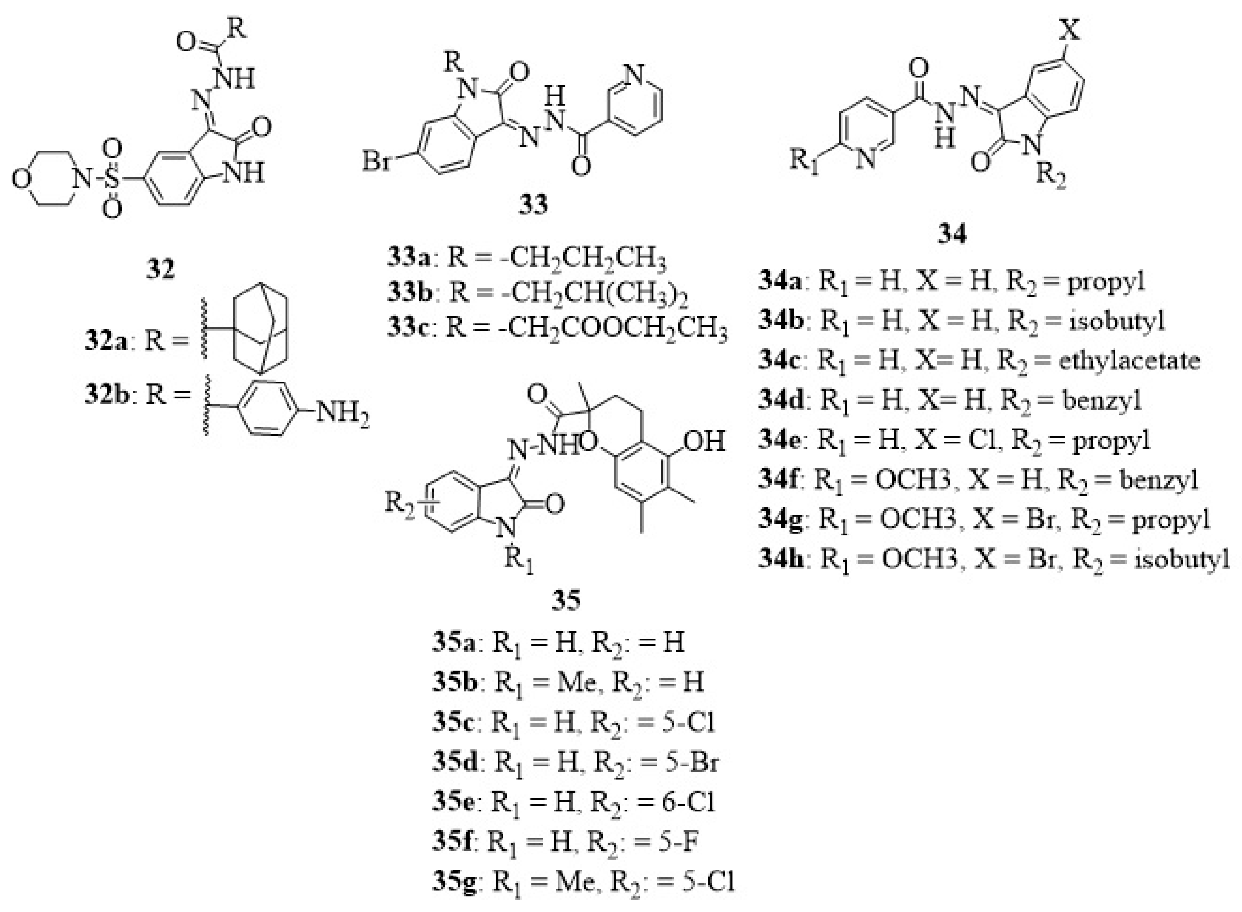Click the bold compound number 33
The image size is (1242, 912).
pyautogui.click(x=533, y=204)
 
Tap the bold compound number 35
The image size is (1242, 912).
pyautogui.click(x=566, y=599)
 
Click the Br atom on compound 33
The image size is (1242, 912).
pyautogui.click(x=377, y=162)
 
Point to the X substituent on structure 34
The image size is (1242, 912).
pyautogui.click(x=1070, y=30)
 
